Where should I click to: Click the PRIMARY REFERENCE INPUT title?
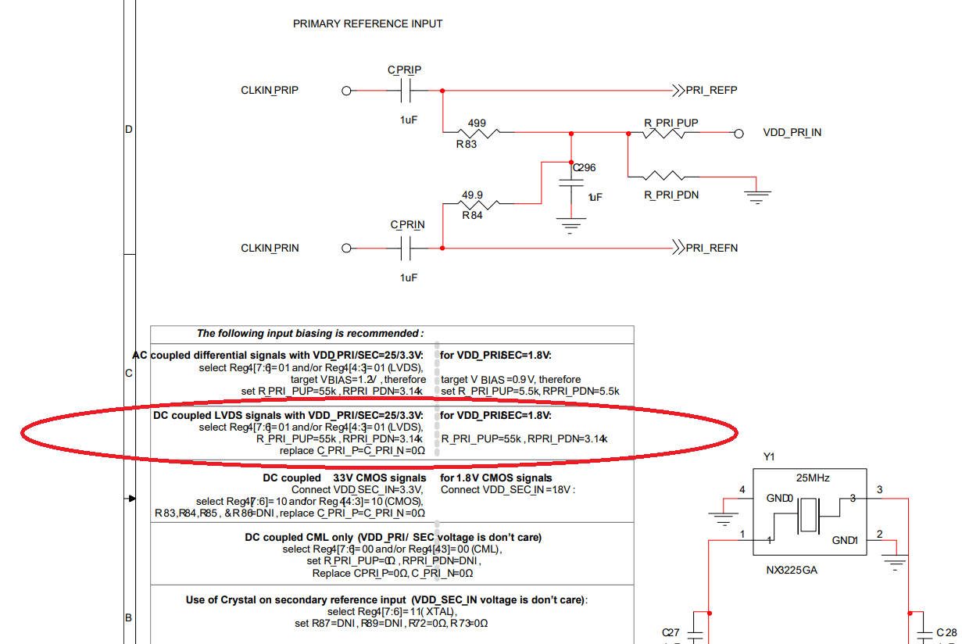pos(367,23)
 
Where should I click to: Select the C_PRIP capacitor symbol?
pos(405,91)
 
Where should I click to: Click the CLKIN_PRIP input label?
pos(270,91)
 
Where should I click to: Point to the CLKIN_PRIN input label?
pos(270,249)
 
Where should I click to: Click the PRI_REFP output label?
pos(711,91)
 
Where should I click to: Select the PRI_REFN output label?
pos(711,249)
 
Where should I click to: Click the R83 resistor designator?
pos(467,144)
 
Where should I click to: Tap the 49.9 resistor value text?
pos(472,195)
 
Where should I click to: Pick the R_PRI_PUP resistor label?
pos(671,123)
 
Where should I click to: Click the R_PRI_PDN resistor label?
pos(671,195)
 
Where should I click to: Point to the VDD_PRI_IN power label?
pos(792,133)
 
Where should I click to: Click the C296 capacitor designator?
pos(584,167)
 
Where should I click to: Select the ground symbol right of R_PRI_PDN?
pos(756,195)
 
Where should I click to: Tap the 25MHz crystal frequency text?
pos(813,478)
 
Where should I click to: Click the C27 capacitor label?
pos(671,632)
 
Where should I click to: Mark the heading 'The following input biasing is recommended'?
pos(310,334)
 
